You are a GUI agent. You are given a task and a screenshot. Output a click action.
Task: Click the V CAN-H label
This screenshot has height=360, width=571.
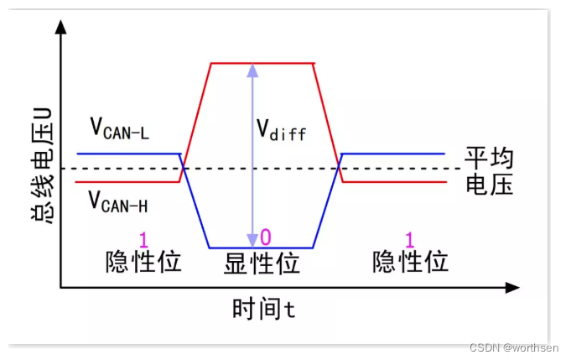[120, 201]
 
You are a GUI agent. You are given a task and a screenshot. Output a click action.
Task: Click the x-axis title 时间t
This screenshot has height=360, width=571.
[263, 309]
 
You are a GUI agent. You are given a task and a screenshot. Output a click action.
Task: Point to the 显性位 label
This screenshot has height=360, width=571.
[262, 263]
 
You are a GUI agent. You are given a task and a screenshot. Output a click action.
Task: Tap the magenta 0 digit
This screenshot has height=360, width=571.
[266, 237]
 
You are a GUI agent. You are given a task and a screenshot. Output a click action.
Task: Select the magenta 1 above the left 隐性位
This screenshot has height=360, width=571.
[143, 238]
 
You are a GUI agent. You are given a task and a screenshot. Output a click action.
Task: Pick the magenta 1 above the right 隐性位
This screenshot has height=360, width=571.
[410, 238]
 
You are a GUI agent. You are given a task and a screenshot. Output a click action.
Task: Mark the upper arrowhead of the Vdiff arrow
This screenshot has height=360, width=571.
[250, 70]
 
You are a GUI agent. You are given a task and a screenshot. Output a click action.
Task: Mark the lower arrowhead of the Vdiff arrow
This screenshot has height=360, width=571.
[250, 240]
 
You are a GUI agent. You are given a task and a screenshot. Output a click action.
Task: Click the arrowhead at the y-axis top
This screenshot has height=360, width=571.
[60, 28]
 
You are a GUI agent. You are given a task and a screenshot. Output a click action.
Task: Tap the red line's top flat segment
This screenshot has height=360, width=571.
[262, 63]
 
